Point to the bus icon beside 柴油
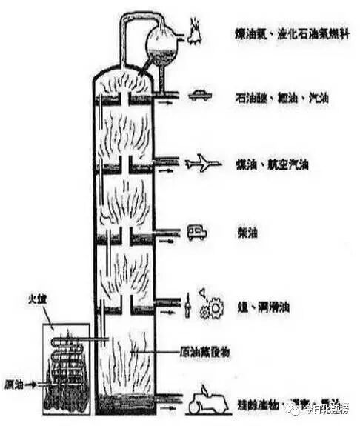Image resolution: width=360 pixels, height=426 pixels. tap(196, 233)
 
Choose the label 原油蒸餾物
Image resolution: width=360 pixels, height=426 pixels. tap(204, 353)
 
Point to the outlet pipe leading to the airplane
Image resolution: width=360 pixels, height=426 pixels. tap(167, 159)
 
